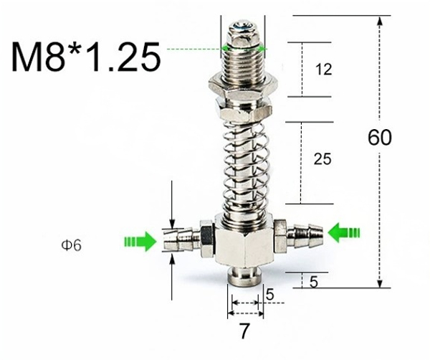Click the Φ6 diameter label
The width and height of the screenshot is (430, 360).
tap(70, 245)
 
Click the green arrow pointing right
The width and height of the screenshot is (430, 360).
tap(138, 242)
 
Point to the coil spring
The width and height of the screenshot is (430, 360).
tap(244, 165)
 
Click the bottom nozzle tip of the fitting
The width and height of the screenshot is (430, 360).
tap(244, 276)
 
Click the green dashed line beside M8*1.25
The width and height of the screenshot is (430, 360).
tap(193, 49)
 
